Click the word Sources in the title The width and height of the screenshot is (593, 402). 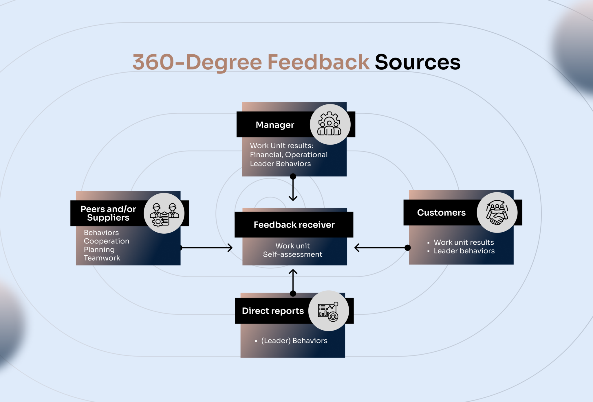pyautogui.click(x=417, y=62)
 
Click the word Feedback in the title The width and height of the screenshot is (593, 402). pyautogui.click(x=318, y=62)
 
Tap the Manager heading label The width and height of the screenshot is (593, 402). pyautogui.click(x=275, y=125)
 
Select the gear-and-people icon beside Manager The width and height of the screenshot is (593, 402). pyautogui.click(x=330, y=124)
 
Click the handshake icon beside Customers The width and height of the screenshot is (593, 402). pyautogui.click(x=497, y=213)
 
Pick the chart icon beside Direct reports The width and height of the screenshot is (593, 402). pyautogui.click(x=328, y=311)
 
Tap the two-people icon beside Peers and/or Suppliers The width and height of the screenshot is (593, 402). pyautogui.click(x=164, y=214)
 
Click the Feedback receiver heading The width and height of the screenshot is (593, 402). pyautogui.click(x=294, y=225)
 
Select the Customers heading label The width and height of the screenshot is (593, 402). pyautogui.click(x=441, y=213)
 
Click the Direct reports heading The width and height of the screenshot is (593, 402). pyautogui.click(x=273, y=311)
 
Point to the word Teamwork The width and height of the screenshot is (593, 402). pyautogui.click(x=102, y=258)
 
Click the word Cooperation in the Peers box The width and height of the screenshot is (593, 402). pyautogui.click(x=107, y=241)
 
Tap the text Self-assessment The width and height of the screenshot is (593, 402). pyautogui.click(x=292, y=255)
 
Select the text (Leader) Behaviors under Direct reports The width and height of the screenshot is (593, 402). pyautogui.click(x=294, y=341)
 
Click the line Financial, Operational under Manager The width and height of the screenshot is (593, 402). pyautogui.click(x=289, y=155)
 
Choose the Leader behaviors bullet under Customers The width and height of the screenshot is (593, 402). pyautogui.click(x=464, y=251)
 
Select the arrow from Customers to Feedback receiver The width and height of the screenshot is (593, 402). pyautogui.click(x=381, y=248)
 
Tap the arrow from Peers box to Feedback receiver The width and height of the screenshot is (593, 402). pyautogui.click(x=206, y=248)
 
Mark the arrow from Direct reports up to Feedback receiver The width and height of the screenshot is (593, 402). pyautogui.click(x=293, y=281)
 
